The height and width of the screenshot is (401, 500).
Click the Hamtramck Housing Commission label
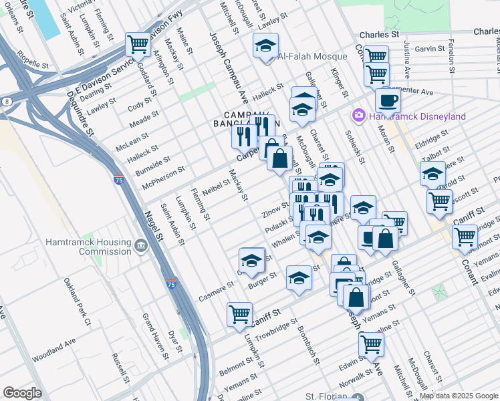(96, 247)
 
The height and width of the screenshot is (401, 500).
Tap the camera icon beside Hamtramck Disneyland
(359, 116)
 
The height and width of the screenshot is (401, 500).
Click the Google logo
(23, 392)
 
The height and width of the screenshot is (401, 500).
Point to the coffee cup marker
(388, 102)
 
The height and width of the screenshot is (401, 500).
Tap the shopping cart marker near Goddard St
(138, 45)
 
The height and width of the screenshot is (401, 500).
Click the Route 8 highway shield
(7, 101)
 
